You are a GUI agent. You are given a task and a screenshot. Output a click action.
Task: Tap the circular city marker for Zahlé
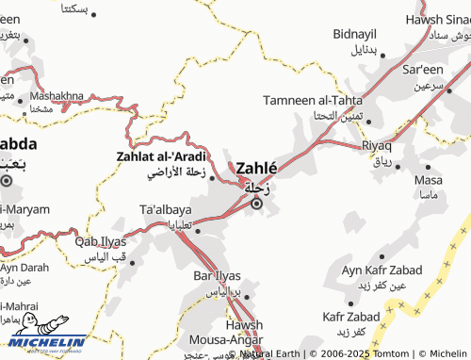(255, 201)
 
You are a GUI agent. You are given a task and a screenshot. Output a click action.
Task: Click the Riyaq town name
(377, 147)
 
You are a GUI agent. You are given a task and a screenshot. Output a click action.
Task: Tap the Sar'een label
(423, 71)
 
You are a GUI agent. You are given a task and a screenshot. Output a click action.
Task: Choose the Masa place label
(428, 180)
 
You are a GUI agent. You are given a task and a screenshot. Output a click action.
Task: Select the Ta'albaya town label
(166, 209)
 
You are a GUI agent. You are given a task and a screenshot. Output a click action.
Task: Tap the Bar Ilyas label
(218, 276)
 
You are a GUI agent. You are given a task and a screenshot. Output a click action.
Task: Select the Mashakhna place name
(57, 96)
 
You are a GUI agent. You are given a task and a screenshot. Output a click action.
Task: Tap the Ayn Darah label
(23, 268)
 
